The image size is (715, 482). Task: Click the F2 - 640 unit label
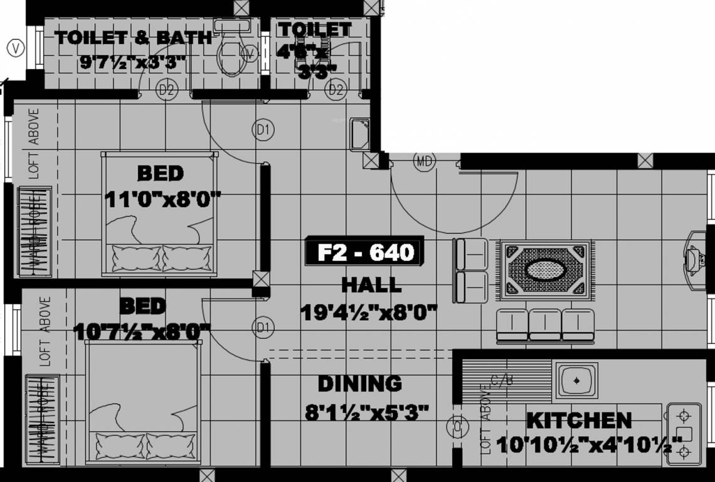tap(365, 252)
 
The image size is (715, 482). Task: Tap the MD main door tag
tap(424, 161)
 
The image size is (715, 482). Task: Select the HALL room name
tap(371, 285)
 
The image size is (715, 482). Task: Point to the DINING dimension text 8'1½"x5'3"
tap(367, 412)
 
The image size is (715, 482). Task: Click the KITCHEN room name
tap(578, 420)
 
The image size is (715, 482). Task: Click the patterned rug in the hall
tap(545, 270)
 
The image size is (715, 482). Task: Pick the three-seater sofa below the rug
tap(545, 325)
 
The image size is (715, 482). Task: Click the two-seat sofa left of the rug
tap(470, 270)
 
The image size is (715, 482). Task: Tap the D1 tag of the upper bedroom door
tap(263, 130)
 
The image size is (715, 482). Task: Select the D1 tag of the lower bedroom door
tap(263, 327)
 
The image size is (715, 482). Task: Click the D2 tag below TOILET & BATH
tap(166, 90)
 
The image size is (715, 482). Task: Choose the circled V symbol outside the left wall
tap(16, 48)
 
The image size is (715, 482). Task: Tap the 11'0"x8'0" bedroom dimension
tap(162, 200)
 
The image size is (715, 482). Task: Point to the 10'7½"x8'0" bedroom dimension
tap(142, 331)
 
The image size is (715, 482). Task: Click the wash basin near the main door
tap(360, 134)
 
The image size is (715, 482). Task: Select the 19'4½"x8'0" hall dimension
tap(368, 312)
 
